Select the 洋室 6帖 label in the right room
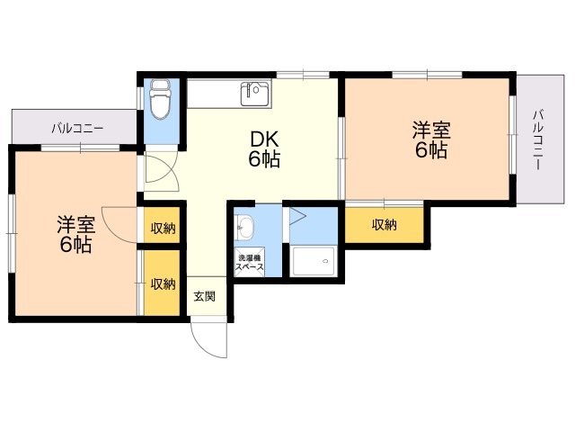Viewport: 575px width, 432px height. point(430,139)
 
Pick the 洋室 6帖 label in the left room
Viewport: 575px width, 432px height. point(75,234)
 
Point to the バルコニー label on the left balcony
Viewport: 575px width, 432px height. point(77,128)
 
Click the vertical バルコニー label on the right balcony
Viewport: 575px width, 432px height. point(537,140)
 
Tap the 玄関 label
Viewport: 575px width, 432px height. point(205,295)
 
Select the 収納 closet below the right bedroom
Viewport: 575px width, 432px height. point(385,225)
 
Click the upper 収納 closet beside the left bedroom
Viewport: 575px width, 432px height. point(163,227)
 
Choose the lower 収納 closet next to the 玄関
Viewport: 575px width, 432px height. point(163,283)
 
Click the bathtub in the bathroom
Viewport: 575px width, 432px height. point(313,263)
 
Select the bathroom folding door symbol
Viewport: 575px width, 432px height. point(297,219)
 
